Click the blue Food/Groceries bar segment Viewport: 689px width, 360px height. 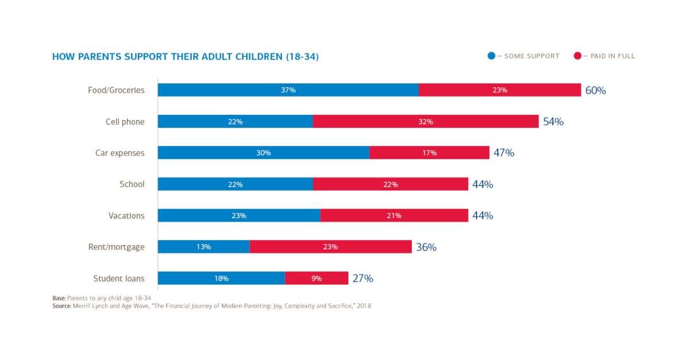point(288,90)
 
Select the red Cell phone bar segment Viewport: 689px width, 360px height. point(425,122)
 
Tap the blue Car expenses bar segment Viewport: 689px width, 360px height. point(264,153)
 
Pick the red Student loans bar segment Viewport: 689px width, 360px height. point(316,278)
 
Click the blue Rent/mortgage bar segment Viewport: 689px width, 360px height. point(204,247)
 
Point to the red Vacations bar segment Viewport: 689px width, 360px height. point(394,216)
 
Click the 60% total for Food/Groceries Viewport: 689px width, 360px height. point(595,91)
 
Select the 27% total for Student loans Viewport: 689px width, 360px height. point(363,278)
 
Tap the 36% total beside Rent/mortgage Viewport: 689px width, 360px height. point(426,247)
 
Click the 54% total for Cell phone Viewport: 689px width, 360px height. point(553,122)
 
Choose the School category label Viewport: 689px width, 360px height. point(132,184)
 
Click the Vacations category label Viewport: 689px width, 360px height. point(126,216)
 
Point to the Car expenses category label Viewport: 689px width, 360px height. point(120,153)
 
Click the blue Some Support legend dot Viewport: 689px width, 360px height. point(491,56)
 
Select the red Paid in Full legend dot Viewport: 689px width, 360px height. point(578,56)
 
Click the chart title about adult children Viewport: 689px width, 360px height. point(185,57)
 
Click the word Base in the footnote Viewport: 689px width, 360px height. point(58,298)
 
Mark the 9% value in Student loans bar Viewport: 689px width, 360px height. point(316,278)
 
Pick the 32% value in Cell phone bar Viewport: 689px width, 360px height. point(425,122)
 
